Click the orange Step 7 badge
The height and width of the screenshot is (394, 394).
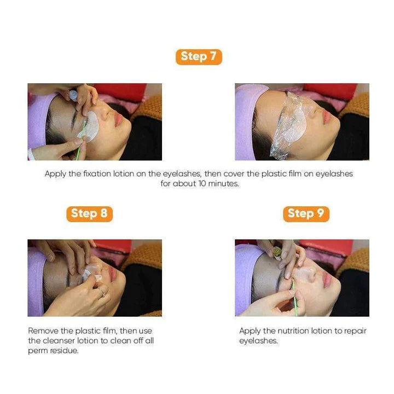[x=199, y=56]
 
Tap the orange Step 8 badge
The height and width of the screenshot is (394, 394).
[x=89, y=213]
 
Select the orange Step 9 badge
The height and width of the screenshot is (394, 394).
[x=306, y=213]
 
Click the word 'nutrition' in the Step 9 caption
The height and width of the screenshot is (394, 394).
[x=284, y=331]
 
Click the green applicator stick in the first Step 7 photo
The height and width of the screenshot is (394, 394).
[x=81, y=143]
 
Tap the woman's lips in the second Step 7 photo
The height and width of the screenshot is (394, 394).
[x=327, y=117]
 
